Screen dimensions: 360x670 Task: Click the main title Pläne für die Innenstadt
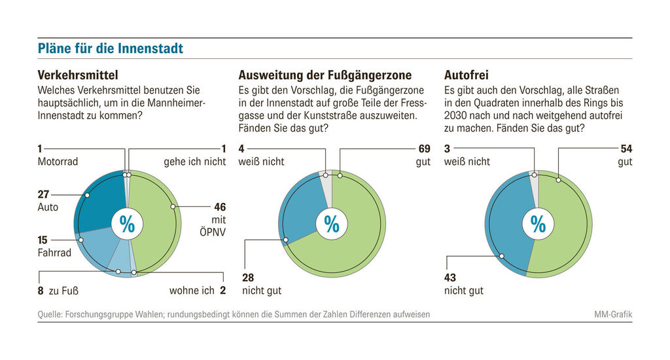point(110,49)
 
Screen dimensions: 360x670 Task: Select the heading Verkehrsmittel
point(78,75)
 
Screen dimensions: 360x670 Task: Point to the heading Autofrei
point(466,75)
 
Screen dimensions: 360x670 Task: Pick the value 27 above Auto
point(44,194)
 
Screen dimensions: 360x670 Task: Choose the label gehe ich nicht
point(194,161)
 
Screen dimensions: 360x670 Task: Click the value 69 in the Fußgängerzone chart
point(423,149)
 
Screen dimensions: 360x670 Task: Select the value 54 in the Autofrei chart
point(626,149)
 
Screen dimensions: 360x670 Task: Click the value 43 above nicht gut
point(451,278)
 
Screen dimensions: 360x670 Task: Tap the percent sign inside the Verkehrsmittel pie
point(127,224)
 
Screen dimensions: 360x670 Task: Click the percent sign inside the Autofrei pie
point(538,224)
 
